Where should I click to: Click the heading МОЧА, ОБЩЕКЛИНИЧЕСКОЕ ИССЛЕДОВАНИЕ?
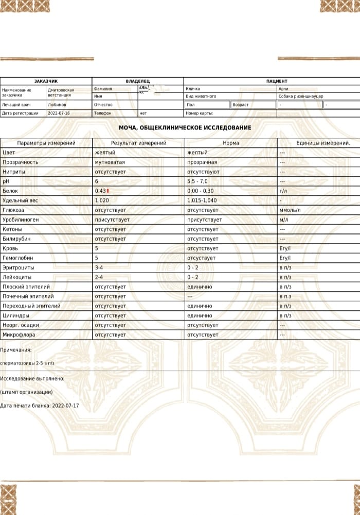[185, 127]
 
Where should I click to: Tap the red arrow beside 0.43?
[109, 191]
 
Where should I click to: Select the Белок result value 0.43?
[100, 191]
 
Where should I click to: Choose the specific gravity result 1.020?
[102, 200]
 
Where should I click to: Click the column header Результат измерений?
[138, 143]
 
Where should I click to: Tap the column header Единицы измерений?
[323, 143]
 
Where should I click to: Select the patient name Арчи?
[283, 89]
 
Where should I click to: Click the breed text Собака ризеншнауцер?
[301, 96]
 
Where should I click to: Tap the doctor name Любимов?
[57, 104]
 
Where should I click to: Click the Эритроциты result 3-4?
[99, 268]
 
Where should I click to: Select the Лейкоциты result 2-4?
[99, 277]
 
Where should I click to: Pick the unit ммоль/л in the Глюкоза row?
[290, 210]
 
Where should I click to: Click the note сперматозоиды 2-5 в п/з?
[27, 363]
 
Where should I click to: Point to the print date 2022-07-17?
[65, 406]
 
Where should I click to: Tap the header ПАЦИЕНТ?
[277, 81]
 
